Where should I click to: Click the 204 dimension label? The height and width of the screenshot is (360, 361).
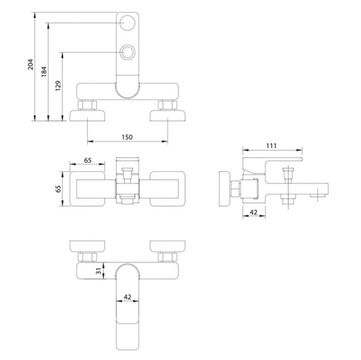click(30, 65)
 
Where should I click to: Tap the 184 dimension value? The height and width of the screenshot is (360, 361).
click(44, 71)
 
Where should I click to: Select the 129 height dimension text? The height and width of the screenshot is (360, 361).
click(58, 86)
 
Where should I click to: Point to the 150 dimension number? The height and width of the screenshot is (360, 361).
click(127, 137)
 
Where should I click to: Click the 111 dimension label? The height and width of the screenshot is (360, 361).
click(272, 146)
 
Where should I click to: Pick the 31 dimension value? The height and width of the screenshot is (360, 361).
click(99, 271)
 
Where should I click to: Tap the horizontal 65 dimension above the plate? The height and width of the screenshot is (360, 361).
click(87, 160)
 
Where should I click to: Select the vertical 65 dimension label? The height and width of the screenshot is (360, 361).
click(58, 189)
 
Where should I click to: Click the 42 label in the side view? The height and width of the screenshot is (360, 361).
click(253, 212)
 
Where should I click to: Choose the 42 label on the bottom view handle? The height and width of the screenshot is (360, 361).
click(128, 297)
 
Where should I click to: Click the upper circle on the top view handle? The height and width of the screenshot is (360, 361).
click(128, 23)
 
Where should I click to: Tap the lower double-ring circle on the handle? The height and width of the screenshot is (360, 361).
click(128, 52)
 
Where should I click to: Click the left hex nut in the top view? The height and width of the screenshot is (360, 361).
click(87, 105)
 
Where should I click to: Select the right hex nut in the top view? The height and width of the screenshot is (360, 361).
click(168, 105)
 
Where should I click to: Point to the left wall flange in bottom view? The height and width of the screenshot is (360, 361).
click(87, 247)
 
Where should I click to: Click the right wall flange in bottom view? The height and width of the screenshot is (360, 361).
click(168, 247)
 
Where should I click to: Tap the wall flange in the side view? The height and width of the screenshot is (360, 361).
click(225, 189)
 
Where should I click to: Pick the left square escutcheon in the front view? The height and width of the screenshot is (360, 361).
click(87, 189)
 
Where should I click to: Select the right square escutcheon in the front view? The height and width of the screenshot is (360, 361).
click(168, 189)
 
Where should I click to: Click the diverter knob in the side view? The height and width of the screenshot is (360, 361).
click(288, 174)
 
